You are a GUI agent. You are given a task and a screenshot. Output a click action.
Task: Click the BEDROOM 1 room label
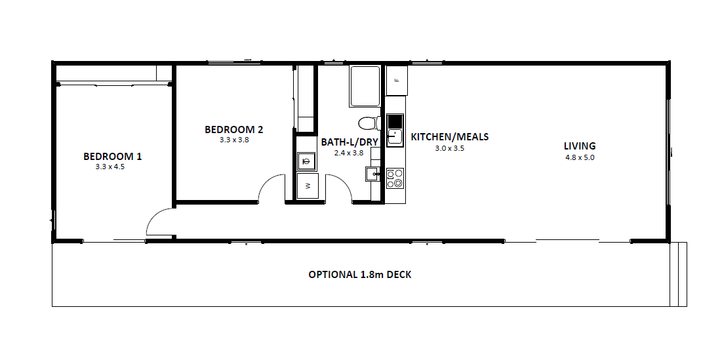pyautogui.click(x=112, y=157)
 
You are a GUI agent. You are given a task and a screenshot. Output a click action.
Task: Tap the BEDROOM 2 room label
pyautogui.click(x=234, y=130)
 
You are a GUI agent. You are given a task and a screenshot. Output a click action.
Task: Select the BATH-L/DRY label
pyautogui.click(x=350, y=142)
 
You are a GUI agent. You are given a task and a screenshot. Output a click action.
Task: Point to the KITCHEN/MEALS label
pyautogui.click(x=449, y=137)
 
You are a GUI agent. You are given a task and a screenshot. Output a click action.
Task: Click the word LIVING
pyautogui.click(x=580, y=146)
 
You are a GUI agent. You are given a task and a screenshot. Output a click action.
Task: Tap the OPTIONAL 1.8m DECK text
pyautogui.click(x=359, y=275)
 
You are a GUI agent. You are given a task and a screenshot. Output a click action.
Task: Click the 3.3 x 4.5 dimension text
pyautogui.click(x=110, y=167)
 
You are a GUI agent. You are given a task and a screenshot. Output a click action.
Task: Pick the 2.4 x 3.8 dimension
pyautogui.click(x=349, y=152)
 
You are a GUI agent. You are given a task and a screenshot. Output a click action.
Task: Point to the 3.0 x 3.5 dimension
pyautogui.click(x=449, y=148)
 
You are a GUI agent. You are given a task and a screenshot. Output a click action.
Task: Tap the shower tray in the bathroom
pyautogui.click(x=365, y=87)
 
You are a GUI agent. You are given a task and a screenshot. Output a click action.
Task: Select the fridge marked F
pyautogui.click(x=397, y=81)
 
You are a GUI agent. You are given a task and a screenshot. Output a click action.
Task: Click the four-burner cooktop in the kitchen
pyautogui.click(x=395, y=178)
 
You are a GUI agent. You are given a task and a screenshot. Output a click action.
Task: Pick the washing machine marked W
pyautogui.click(x=308, y=186)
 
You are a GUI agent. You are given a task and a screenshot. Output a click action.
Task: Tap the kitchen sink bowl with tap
pyautogui.click(x=395, y=137)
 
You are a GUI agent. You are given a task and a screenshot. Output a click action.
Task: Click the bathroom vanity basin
pyautogui.click(x=373, y=174)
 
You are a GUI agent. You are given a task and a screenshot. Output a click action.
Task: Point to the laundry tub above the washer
pyautogui.click(x=306, y=161)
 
